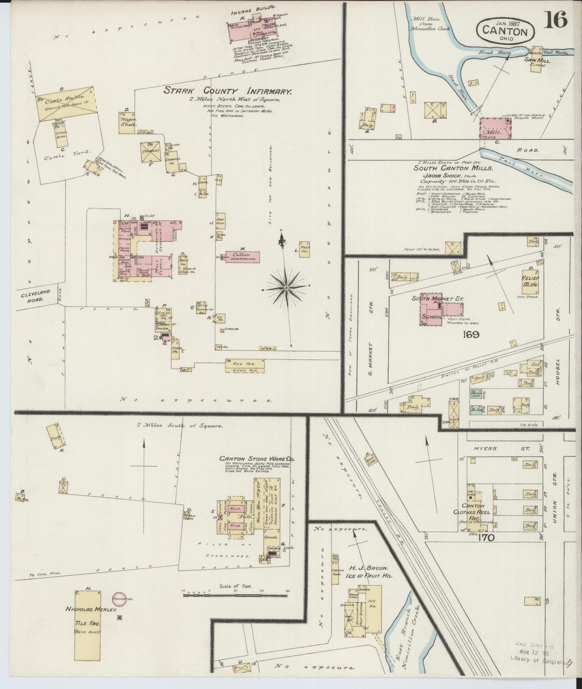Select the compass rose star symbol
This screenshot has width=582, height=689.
[286, 288]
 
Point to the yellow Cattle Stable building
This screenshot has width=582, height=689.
[66, 102]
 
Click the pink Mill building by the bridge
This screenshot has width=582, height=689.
[495, 129]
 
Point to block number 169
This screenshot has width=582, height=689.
[470, 334]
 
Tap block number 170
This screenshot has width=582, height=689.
[487, 537]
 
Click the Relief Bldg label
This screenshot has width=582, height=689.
[531, 281]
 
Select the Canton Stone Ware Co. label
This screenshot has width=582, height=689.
[256, 459]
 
